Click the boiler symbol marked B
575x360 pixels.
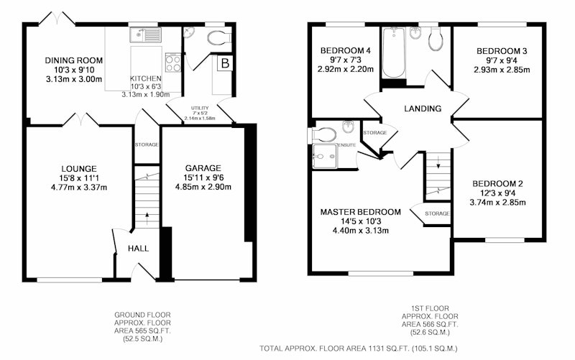(225, 63)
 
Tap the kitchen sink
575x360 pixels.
(146, 34)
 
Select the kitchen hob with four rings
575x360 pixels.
(173, 63)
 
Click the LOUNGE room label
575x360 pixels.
(79, 169)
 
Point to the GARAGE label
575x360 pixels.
(203, 168)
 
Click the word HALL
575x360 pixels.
(138, 249)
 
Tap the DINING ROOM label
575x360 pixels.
(74, 60)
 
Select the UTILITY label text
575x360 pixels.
(200, 108)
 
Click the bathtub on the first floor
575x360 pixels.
(393, 52)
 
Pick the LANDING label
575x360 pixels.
(423, 109)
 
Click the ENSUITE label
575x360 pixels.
(347, 145)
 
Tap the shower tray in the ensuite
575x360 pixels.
(325, 156)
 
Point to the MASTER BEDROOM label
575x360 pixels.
(361, 212)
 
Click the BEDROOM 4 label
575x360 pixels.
(346, 50)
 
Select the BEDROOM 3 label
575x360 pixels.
(502, 51)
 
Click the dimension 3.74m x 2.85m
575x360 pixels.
(497, 202)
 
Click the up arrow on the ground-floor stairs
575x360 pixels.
(147, 218)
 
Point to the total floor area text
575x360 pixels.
(359, 349)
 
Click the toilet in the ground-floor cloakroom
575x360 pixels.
(219, 38)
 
